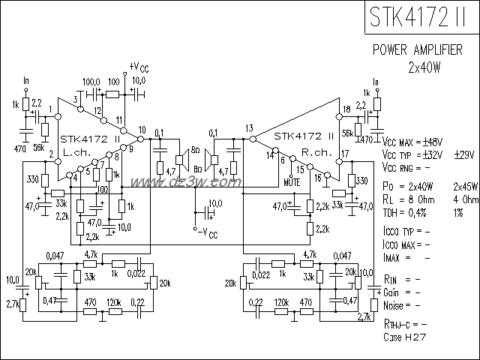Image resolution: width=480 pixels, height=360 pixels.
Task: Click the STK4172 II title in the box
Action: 421,17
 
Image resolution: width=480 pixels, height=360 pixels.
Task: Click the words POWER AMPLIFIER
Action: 423,50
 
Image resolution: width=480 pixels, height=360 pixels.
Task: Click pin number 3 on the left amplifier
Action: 76,99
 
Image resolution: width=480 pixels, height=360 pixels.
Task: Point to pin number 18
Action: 346,110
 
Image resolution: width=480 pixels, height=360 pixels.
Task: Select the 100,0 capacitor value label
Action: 91,81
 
